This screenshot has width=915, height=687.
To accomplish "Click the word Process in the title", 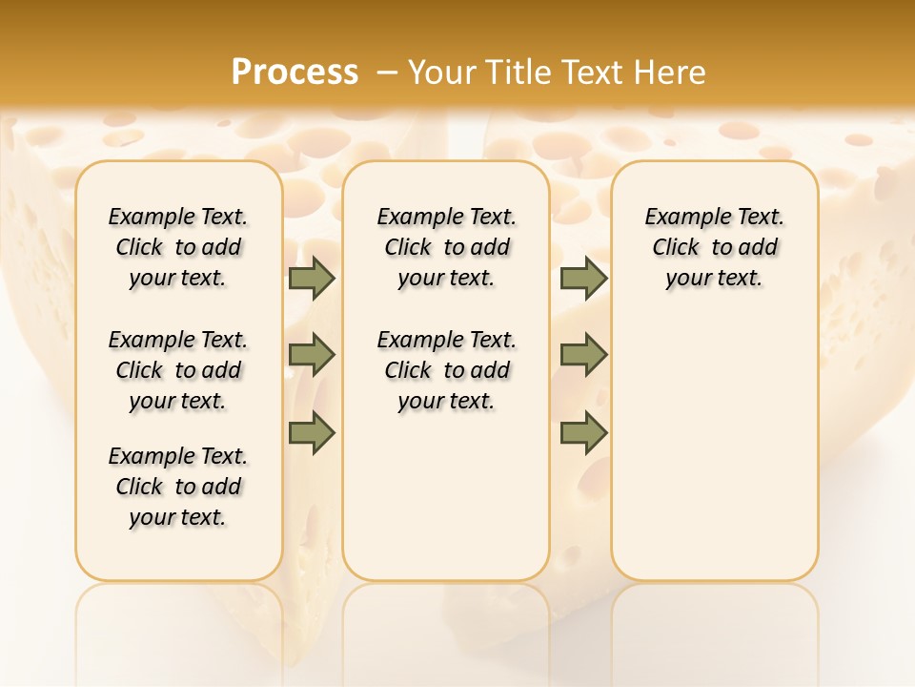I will [295, 73].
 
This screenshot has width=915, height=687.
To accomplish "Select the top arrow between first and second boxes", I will [312, 279].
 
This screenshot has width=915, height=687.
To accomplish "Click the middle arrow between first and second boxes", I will [312, 355].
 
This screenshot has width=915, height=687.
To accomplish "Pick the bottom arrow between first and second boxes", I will [312, 432].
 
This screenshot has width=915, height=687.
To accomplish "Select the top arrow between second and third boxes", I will [583, 279].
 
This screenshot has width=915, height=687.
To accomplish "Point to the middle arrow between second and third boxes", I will [583, 355].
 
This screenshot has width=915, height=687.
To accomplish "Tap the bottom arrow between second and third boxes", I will [583, 432].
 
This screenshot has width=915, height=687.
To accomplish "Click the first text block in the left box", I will [178, 247].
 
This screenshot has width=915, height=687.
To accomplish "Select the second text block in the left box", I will [178, 370].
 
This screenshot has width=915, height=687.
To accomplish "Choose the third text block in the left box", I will [178, 487].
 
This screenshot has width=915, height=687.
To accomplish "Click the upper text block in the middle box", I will [446, 247].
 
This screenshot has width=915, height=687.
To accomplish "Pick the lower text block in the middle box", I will [446, 370].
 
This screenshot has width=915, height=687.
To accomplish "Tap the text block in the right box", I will [714, 247].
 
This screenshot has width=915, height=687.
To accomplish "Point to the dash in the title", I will [387, 73].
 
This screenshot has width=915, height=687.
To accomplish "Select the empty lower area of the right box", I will [714, 448].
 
